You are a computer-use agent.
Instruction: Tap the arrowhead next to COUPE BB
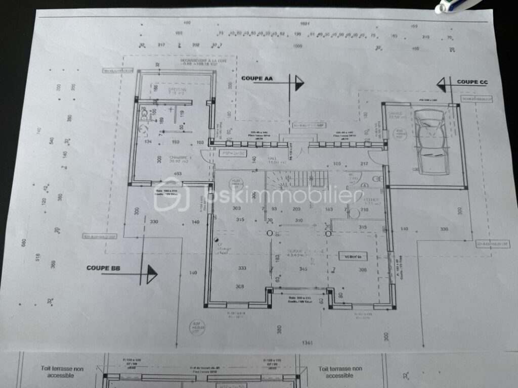coord(151,274)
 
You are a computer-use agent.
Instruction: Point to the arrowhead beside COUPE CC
coord(442,84)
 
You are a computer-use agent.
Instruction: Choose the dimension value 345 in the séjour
coord(303,269)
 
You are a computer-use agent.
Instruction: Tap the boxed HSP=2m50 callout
coord(233,153)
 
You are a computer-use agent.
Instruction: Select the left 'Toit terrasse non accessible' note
coord(62,372)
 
